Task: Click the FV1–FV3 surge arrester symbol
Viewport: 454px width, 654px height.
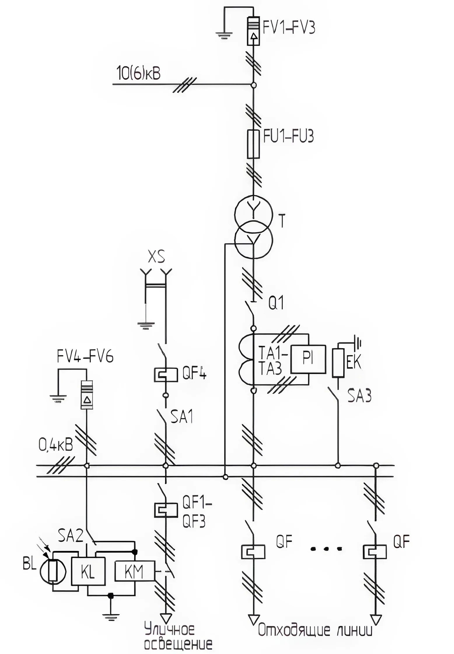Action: (x=254, y=31)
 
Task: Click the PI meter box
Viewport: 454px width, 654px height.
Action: (x=308, y=359)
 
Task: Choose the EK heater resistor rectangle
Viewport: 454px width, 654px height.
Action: (x=338, y=363)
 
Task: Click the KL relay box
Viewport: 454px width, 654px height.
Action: (x=88, y=571)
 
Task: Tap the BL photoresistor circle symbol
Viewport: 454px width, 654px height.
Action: (x=53, y=571)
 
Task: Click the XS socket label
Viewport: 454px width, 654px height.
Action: (x=156, y=257)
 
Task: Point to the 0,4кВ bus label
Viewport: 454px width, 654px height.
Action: (x=55, y=446)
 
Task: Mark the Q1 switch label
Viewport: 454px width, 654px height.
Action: (x=276, y=303)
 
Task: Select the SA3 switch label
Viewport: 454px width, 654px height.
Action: (x=359, y=396)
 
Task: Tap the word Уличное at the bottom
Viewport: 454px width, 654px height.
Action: (x=170, y=630)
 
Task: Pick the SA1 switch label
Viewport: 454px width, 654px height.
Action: (x=182, y=417)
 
